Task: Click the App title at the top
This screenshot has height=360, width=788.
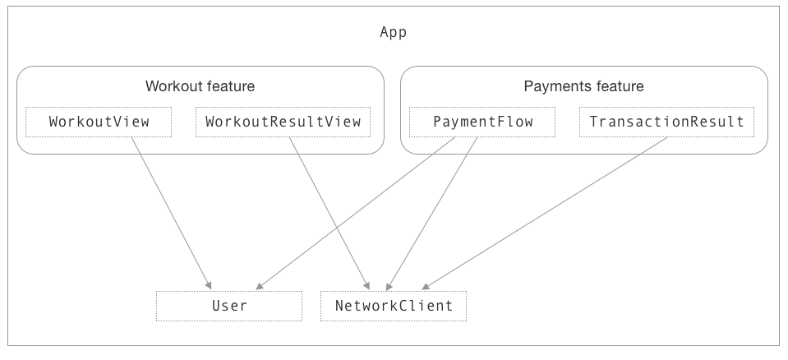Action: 393,33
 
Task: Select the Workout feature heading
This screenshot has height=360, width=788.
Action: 200,86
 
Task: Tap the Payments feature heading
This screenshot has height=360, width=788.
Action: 583,86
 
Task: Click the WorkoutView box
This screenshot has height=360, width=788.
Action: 99,122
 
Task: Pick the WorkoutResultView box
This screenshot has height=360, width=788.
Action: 283,122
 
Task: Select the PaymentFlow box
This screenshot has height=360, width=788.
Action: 482,122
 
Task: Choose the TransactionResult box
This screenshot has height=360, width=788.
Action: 666,122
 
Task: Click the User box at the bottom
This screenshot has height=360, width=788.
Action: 229,306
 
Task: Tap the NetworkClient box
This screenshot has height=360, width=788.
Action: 394,306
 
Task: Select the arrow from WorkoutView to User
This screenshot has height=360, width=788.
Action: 170,213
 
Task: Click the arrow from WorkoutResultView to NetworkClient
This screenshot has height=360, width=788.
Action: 328,213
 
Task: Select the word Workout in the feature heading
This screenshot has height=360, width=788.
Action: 172,86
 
